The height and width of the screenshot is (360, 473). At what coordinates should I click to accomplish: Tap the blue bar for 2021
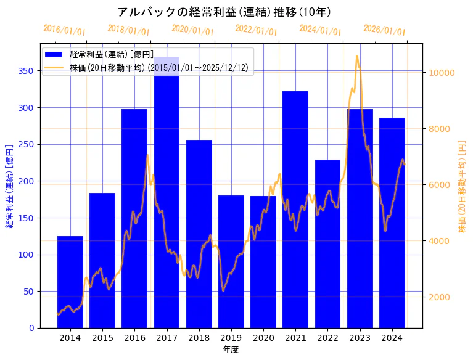(295, 210)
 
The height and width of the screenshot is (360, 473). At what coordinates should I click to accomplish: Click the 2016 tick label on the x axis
(134, 338)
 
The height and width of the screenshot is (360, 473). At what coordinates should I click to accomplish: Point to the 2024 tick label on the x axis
(392, 338)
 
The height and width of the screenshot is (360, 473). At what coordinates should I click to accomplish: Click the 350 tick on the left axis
(26, 71)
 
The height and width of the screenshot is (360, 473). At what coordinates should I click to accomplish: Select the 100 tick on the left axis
(26, 255)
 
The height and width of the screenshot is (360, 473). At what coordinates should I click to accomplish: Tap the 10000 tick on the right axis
(442, 73)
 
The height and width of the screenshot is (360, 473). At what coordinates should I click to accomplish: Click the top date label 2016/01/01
(65, 30)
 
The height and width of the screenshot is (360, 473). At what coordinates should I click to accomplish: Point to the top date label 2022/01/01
(257, 30)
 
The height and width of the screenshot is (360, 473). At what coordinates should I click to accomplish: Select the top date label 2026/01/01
(385, 30)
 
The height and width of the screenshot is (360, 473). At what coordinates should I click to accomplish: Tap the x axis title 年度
(231, 350)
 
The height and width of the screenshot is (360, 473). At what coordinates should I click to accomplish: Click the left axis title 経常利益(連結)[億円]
(9, 186)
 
